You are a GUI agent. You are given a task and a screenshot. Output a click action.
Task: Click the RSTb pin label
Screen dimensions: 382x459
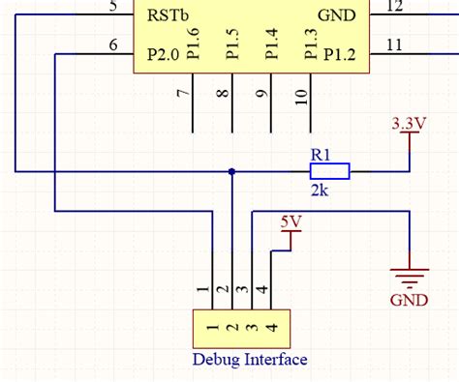[168, 16]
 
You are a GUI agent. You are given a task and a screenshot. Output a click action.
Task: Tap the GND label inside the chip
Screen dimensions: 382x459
[336, 16]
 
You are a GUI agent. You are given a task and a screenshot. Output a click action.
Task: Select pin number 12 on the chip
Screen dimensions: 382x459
[395, 8]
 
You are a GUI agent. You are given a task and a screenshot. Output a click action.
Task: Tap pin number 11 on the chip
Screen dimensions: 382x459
[394, 44]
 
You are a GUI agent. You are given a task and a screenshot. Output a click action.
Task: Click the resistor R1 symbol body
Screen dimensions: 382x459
[329, 171]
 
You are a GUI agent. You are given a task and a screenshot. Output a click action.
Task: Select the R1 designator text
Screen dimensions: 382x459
[320, 153]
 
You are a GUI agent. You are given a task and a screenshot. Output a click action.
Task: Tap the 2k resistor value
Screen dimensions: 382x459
[320, 191]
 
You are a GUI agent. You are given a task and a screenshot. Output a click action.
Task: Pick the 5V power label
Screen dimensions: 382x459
[291, 221]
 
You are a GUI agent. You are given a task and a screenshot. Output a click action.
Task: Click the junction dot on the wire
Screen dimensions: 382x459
[230, 171]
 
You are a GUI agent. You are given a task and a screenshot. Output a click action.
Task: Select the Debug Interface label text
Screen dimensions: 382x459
[250, 360]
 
